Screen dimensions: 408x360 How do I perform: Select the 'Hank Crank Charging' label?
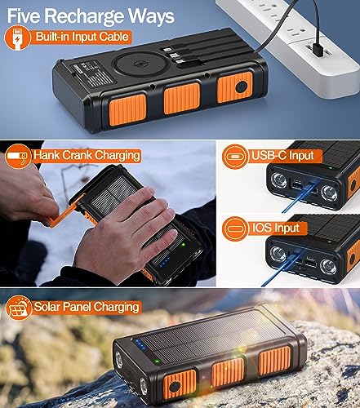[x=89, y=154]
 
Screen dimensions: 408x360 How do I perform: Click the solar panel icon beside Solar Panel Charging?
[x=16, y=308]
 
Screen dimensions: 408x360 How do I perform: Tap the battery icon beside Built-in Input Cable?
[x=16, y=38]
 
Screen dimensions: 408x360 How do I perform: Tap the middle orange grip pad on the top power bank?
[x=182, y=97]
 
